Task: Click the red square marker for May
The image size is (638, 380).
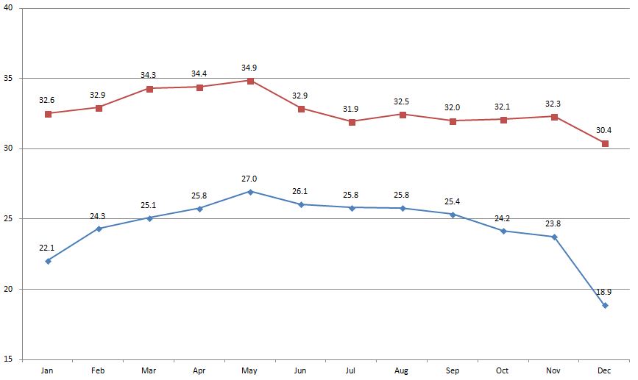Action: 251,81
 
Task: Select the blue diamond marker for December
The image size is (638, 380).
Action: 605,305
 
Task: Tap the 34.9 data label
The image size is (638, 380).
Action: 250,68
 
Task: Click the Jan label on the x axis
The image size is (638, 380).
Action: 48,371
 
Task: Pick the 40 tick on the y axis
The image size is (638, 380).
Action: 10,9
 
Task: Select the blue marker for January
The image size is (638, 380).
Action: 48,261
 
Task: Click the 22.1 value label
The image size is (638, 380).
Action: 48,248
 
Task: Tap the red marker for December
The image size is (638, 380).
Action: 605,143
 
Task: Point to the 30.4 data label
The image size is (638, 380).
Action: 604,130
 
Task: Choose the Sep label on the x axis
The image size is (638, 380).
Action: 453,371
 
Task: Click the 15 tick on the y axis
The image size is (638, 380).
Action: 10,359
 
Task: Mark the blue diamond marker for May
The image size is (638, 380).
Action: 251,192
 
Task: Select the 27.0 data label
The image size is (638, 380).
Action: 250,179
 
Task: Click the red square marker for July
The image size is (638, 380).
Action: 352,122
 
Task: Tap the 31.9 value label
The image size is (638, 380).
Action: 352,110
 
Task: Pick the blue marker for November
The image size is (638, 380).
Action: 554,237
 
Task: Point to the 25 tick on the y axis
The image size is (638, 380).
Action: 10,219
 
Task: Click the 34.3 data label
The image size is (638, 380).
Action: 149,76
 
